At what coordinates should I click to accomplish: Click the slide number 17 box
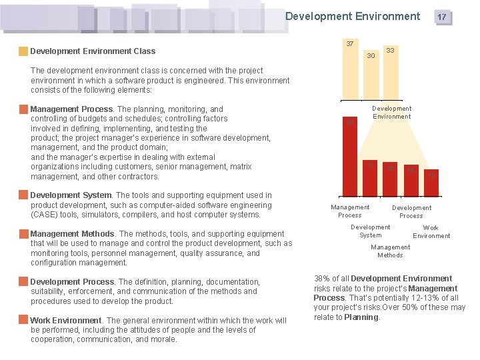(x=442, y=17)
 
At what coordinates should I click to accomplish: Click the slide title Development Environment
(x=353, y=16)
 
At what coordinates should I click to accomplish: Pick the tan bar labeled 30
(x=371, y=79)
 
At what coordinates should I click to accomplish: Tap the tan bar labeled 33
(x=390, y=75)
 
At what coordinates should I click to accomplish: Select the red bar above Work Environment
(x=431, y=183)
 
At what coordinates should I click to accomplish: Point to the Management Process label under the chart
(x=350, y=211)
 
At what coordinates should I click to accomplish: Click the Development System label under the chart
(x=371, y=231)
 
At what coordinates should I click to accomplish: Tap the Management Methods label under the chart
(x=391, y=251)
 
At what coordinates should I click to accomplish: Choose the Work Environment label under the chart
(x=431, y=231)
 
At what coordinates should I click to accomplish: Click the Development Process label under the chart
(x=411, y=211)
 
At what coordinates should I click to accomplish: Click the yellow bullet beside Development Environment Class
(x=23, y=51)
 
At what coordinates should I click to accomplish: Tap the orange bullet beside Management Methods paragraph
(x=24, y=234)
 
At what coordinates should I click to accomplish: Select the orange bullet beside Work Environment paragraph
(x=24, y=321)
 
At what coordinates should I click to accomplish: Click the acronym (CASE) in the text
(x=44, y=215)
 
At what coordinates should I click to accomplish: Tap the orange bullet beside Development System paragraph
(x=24, y=196)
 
